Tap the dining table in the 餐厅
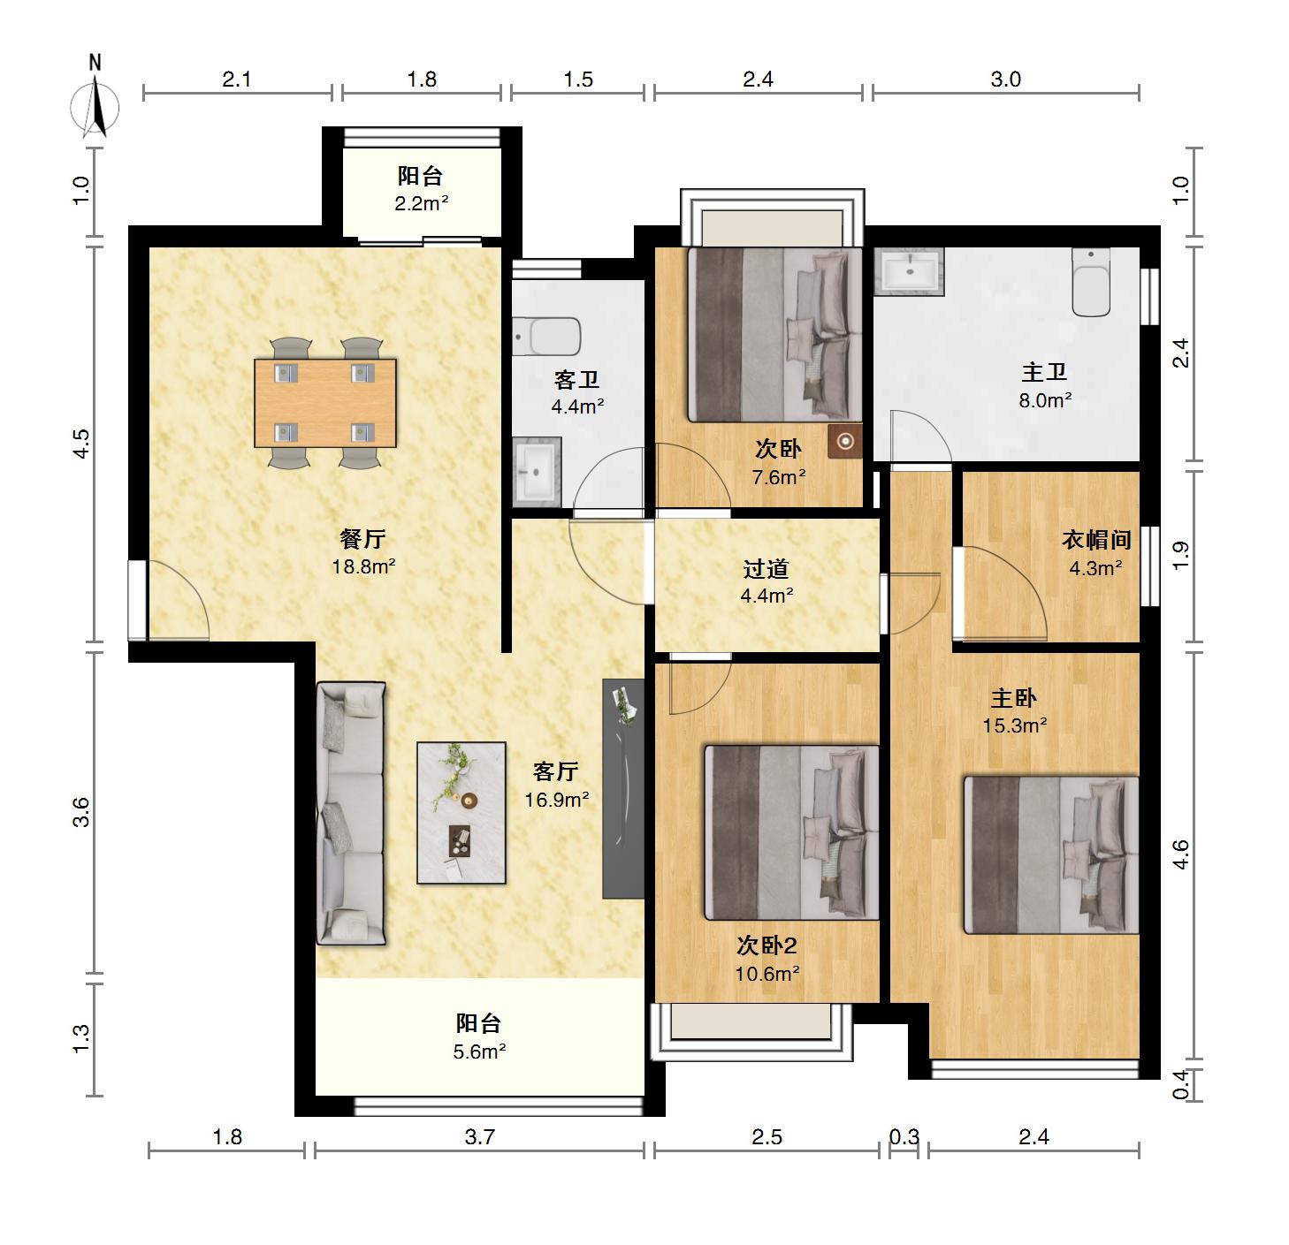point(325,403)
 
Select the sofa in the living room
point(350,813)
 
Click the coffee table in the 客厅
point(461,813)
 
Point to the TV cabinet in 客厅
point(622,788)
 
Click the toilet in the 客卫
point(547,337)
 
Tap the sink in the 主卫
point(909,271)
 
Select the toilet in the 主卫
point(1091,283)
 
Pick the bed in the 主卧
point(1051,855)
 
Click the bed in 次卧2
point(791,832)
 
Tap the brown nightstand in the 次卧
point(845,441)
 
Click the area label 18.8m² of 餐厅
point(363,566)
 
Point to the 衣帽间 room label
point(1096,540)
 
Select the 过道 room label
point(767,568)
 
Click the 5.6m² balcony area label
point(479,1051)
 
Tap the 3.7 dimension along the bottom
point(479,1137)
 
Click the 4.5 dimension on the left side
point(80,444)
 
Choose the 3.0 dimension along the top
point(1005,80)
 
